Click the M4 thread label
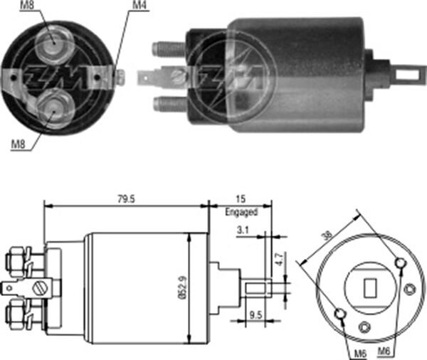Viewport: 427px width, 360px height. coord(139,6)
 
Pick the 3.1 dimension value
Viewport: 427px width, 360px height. coord(243,231)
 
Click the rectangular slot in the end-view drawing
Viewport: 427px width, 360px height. coord(370,287)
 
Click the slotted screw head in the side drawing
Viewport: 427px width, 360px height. coord(41,289)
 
